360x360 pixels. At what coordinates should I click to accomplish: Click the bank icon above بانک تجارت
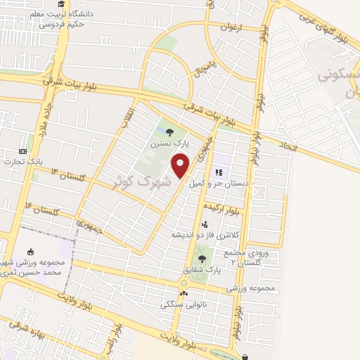tap(22, 150)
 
